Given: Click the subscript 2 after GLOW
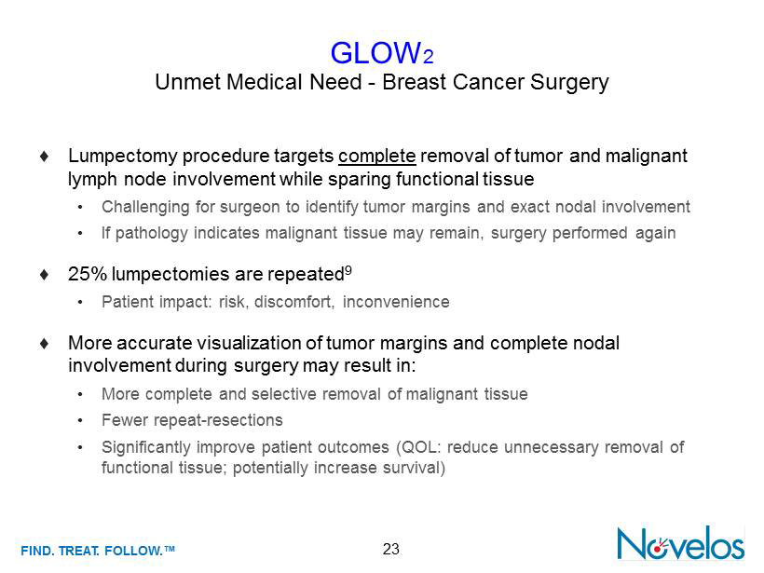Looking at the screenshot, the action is click(x=429, y=58).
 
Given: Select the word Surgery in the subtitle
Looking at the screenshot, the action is click(x=569, y=82).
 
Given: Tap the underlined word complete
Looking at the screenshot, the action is click(x=377, y=157).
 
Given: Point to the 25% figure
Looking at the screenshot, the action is click(x=88, y=274).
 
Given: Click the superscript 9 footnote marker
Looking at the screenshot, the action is click(x=348, y=270).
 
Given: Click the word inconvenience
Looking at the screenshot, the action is click(x=396, y=302).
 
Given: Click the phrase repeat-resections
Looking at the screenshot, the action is click(x=218, y=420).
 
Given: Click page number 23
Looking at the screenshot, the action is click(x=390, y=550).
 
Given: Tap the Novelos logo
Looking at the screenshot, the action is click(x=681, y=543).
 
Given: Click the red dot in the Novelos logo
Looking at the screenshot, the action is click(x=657, y=550).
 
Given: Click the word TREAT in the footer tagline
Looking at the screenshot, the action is click(x=79, y=551).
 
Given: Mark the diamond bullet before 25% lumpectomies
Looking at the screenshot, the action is click(x=45, y=274).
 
